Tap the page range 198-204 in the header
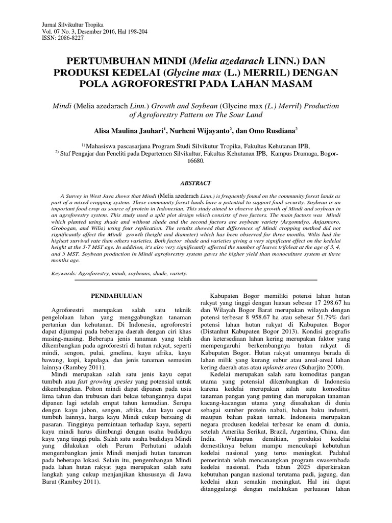point(133,32)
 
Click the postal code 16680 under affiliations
point(195,160)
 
